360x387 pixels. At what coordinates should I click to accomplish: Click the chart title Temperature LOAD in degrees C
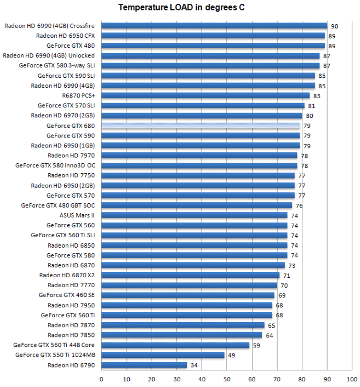[181, 8]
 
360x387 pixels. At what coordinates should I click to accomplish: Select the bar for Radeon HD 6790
[144, 365]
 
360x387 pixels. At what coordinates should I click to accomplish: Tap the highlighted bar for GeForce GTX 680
[201, 126]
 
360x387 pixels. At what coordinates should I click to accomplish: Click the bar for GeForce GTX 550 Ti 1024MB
[163, 355]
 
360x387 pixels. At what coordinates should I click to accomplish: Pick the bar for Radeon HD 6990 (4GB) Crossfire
[214, 26]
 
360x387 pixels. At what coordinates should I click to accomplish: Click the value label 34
[194, 366]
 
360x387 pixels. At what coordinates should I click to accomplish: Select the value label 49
[232, 356]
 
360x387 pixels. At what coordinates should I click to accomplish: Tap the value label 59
[257, 345]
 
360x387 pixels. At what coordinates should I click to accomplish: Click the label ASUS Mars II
[77, 215]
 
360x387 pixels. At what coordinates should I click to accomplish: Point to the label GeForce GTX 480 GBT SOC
[58, 205]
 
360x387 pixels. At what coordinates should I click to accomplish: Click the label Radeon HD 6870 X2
[67, 275]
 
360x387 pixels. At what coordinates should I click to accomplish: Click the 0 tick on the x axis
[102, 380]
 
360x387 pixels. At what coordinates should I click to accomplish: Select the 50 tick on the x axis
[227, 380]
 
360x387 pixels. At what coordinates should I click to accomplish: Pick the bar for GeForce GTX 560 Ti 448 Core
[175, 345]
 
